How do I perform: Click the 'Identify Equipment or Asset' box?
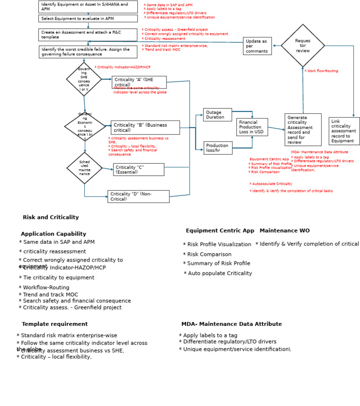[x=88, y=7]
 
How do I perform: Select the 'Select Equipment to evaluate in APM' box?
[x=88, y=19]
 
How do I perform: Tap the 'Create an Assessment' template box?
[x=88, y=35]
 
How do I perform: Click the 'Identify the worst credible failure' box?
[x=88, y=52]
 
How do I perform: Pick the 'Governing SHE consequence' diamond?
[x=84, y=79]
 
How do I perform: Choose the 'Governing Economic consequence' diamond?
[x=85, y=127]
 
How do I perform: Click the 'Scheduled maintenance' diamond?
[x=84, y=168]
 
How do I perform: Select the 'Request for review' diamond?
[x=303, y=46]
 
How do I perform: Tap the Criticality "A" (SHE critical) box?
[x=139, y=82]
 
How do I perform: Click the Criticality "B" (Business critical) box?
[x=145, y=128]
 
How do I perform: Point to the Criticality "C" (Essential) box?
[x=138, y=170]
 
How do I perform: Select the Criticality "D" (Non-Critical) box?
[x=138, y=196]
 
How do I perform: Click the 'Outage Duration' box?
[x=217, y=115]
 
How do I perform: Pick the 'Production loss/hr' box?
[x=217, y=148]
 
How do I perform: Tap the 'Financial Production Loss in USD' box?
[x=252, y=127]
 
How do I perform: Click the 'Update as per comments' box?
[x=257, y=46]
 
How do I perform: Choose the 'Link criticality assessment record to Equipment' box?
[x=344, y=131]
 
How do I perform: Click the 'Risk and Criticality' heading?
[x=51, y=218]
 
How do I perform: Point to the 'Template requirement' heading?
[x=54, y=324]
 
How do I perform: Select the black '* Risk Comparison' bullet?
[x=207, y=255]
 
